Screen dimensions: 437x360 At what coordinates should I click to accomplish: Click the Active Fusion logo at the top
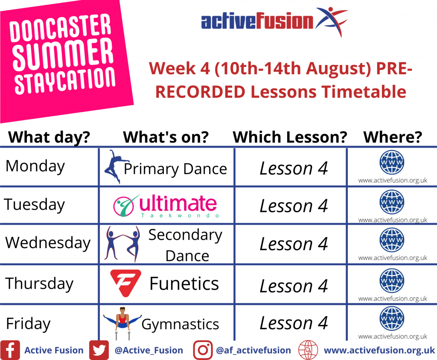pos(274,21)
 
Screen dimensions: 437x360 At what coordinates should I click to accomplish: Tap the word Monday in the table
pos(35,167)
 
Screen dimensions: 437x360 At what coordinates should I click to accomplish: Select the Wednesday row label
pos(48,243)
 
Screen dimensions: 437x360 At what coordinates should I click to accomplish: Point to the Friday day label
pos(28,324)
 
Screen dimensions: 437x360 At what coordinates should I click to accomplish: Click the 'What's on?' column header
pos(166,137)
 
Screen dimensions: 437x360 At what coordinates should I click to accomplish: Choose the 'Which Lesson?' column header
pos(290,137)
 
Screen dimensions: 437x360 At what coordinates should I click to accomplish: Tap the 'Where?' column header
pos(393,137)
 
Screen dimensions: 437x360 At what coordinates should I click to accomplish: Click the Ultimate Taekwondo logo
pos(166,206)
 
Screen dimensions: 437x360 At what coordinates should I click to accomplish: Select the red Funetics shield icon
pos(125,283)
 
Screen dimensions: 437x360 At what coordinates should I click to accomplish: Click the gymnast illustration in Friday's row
pos(122,323)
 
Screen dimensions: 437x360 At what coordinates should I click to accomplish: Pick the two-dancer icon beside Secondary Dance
pos(122,244)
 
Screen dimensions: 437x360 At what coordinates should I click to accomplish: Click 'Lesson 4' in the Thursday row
pos(294,286)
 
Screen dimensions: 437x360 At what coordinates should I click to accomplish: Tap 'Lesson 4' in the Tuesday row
pos(294,206)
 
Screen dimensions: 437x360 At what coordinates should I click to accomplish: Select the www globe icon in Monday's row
pos(392,162)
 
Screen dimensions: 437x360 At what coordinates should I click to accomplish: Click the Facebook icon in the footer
pos(10,350)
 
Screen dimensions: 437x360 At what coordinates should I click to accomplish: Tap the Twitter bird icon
pos(99,350)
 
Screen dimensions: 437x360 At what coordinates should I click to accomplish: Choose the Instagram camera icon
pos(203,350)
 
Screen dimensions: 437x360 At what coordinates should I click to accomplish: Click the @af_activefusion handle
pos(253,350)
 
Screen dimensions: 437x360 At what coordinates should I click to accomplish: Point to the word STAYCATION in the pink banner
pos(65,80)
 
